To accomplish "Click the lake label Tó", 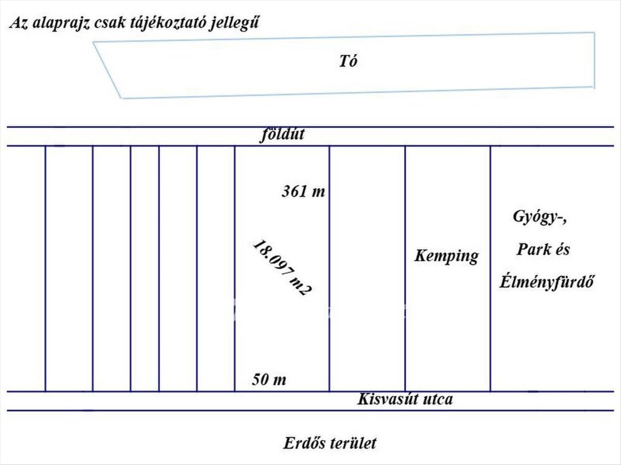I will click(x=348, y=61).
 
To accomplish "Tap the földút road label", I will click(x=282, y=135).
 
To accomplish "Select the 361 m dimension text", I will click(x=304, y=192).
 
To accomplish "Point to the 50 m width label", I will click(x=269, y=380).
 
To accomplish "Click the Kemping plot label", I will click(x=446, y=256).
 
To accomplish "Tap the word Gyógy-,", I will click(x=540, y=217).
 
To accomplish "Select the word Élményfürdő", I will click(x=547, y=283).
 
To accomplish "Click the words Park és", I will click(x=543, y=250).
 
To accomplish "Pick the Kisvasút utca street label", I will click(x=405, y=399).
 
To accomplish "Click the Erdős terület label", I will click(x=330, y=443).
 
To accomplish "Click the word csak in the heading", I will click(x=107, y=24).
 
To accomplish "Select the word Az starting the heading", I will click(x=19, y=24).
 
